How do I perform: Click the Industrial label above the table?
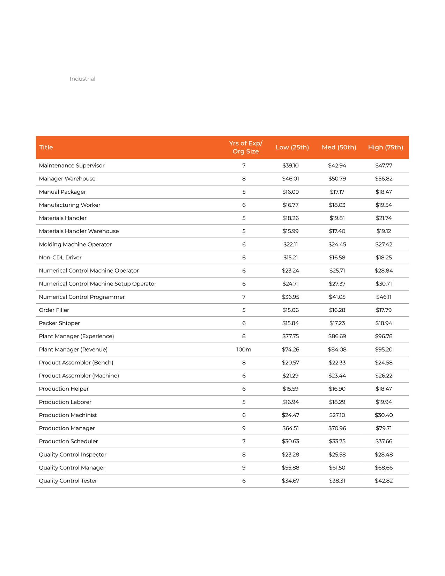[x=82, y=79]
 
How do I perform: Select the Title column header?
[x=46, y=147]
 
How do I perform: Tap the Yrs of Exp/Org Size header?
[x=246, y=147]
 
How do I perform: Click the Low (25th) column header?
[x=292, y=147]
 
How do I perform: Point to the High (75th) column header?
[x=385, y=147]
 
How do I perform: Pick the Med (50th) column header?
[x=339, y=147]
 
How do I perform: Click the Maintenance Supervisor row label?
[x=72, y=165]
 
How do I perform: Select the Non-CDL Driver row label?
[x=60, y=258]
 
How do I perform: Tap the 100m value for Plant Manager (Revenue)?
[x=244, y=349]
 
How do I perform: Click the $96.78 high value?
[x=384, y=337]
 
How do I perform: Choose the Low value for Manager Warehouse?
[x=290, y=179]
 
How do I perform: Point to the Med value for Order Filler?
[x=337, y=310]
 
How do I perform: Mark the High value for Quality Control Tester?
[x=384, y=481]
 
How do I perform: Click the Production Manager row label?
[x=67, y=428]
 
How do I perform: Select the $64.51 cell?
[x=290, y=428]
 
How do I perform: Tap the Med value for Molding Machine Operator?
[x=337, y=244]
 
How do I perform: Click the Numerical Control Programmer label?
[x=82, y=297]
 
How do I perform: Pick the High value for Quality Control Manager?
[x=384, y=468]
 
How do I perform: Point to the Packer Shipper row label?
[x=59, y=323]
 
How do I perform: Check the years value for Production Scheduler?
[x=244, y=442]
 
